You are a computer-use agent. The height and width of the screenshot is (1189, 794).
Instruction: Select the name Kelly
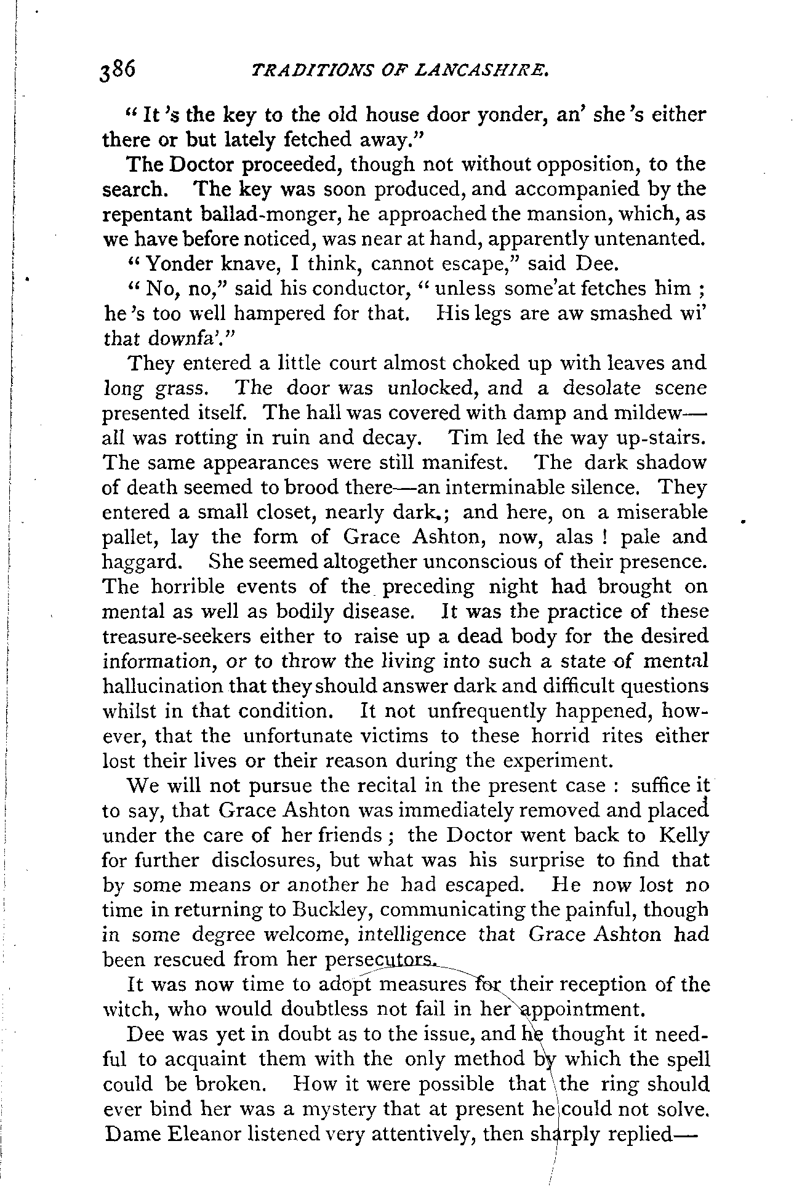tap(683, 835)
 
